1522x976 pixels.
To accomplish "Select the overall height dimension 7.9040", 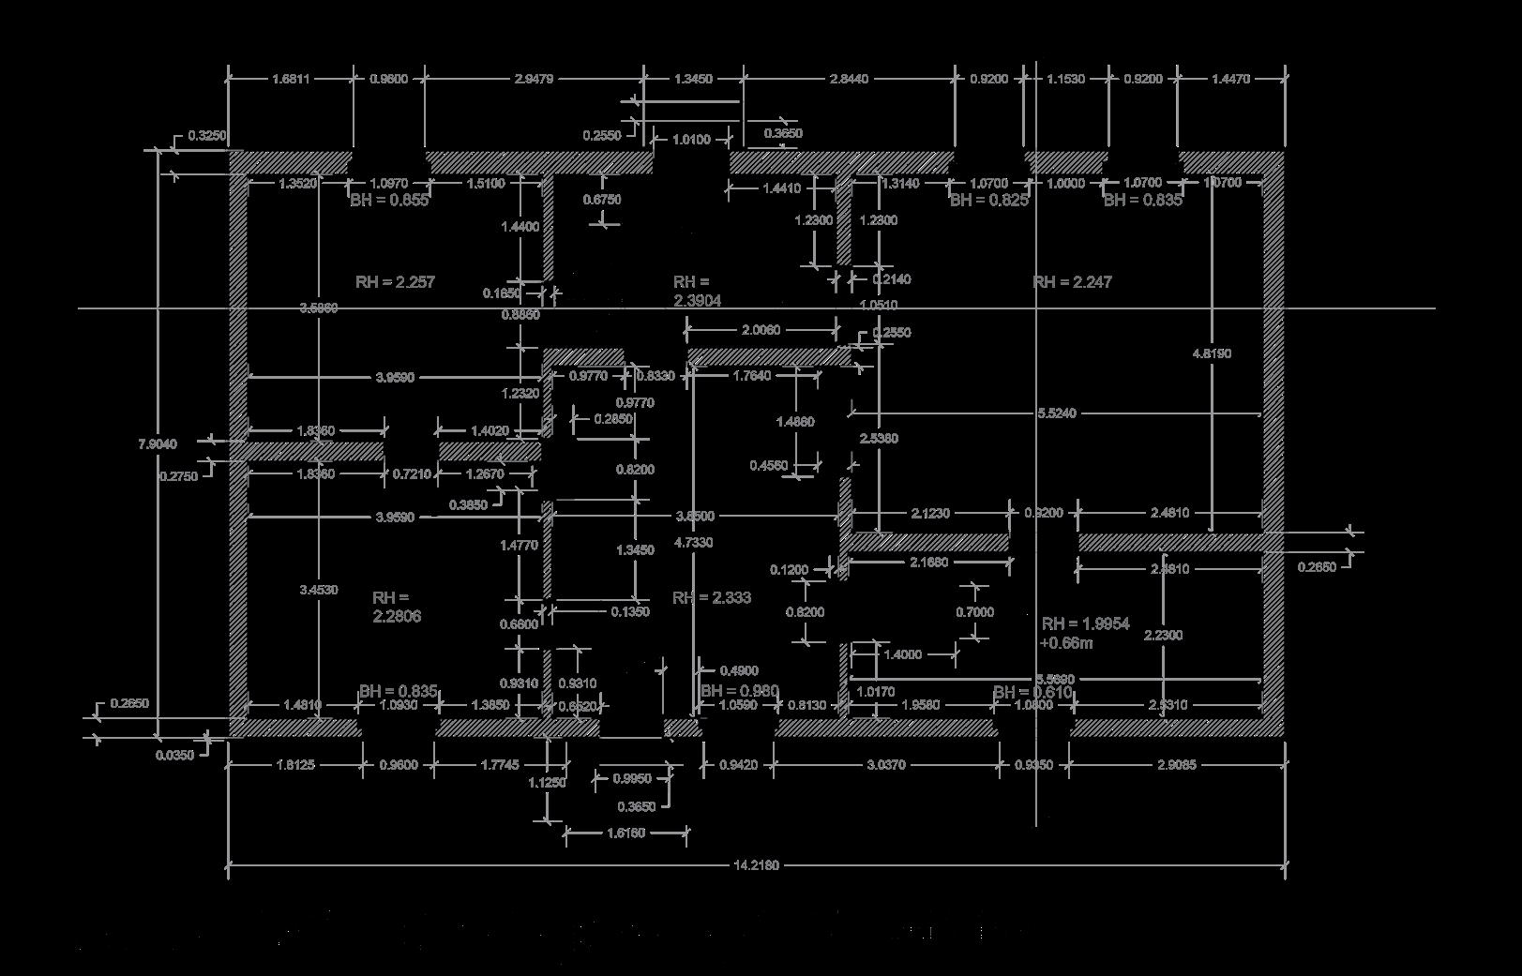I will (158, 443).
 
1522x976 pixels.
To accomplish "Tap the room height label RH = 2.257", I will (395, 281).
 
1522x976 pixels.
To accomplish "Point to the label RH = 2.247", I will (1072, 282).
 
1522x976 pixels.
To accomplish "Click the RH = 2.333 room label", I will (712, 597).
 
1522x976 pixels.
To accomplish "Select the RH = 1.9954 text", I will (1085, 623).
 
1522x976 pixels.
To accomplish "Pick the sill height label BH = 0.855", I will (389, 200).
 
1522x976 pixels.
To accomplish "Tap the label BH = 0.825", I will (988, 200).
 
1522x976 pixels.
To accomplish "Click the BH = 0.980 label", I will (740, 692).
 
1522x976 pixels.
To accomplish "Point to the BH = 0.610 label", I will (1032, 692).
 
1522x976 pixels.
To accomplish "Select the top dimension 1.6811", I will (291, 79).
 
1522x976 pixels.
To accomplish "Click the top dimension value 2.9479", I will (535, 79).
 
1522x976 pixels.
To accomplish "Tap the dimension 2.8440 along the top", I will (849, 79).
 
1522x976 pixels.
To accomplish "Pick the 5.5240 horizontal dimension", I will (1057, 413).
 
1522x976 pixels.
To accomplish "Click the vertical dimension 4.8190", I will (1212, 353).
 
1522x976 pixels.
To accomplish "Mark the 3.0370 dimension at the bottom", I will (886, 765).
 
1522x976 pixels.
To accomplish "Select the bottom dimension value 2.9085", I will (1176, 765).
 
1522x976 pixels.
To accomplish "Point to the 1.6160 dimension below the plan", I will (626, 833).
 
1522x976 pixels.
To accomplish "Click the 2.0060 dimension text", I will (761, 330).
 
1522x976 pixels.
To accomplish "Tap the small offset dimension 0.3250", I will (206, 136).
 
